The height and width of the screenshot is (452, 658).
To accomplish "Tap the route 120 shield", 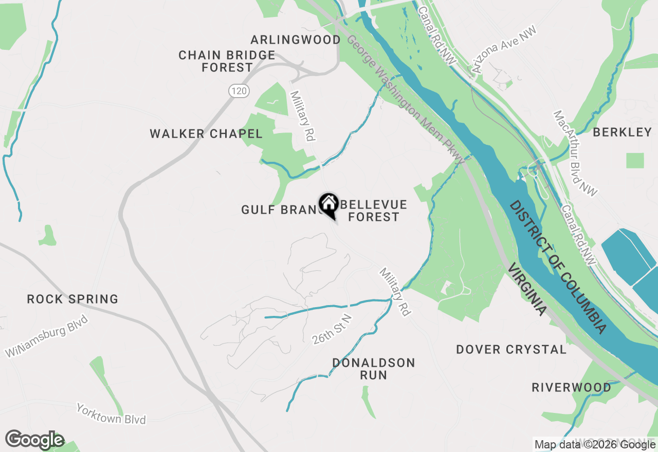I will click(240, 91).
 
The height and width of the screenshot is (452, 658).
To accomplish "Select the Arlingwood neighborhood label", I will click(296, 40).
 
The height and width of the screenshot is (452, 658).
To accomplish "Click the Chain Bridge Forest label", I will click(227, 61).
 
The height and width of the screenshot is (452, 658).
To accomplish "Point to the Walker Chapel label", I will click(206, 134).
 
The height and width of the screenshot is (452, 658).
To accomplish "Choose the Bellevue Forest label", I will click(374, 211).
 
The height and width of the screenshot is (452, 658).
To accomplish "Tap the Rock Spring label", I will click(72, 299).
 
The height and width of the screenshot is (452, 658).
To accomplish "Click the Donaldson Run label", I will click(373, 369).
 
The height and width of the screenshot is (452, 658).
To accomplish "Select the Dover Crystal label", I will click(511, 350).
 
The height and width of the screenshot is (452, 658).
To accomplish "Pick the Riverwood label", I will click(571, 387).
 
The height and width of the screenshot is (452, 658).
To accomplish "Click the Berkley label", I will click(622, 132).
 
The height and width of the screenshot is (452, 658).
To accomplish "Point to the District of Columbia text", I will click(558, 267).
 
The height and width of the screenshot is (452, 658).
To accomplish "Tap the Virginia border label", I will click(526, 290).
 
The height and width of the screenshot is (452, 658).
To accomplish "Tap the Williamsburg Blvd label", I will click(47, 336).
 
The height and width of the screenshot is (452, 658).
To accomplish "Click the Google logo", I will click(35, 440).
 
